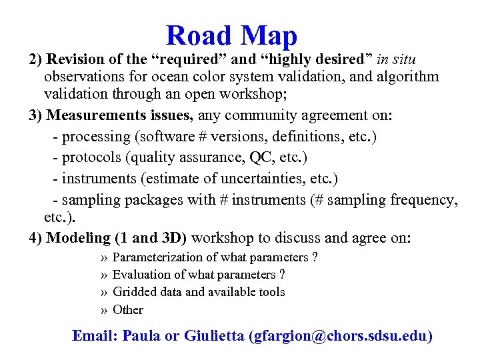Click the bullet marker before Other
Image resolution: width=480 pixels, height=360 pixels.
104,310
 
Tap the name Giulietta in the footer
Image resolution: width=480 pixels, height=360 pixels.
213,336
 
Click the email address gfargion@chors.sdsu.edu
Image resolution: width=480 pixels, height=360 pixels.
340,336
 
